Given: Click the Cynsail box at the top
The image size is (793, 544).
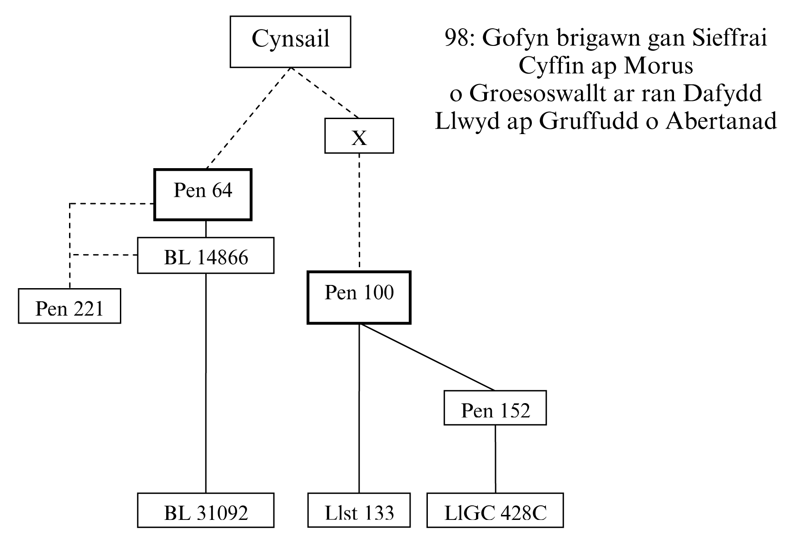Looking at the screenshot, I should [x=290, y=41].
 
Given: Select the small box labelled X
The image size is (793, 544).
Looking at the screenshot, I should [x=359, y=136].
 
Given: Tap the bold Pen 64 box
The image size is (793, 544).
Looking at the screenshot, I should [x=203, y=195].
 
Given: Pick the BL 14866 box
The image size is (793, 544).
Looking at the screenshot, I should [x=206, y=255].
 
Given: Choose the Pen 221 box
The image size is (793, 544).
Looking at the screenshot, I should [x=69, y=306].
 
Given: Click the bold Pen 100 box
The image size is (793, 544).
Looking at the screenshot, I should [x=359, y=298].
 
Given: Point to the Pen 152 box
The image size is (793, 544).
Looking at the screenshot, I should [x=495, y=408].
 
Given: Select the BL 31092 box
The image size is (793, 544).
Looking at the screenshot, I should [x=206, y=510].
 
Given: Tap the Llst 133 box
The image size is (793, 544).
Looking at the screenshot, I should [x=359, y=510].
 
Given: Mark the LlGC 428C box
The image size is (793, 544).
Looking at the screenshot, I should [x=495, y=510].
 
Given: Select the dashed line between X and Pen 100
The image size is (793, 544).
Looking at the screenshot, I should [x=359, y=211].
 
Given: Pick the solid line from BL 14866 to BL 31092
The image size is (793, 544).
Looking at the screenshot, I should [x=206, y=382].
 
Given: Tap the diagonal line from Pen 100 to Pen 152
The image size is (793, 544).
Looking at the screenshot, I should [x=427, y=357].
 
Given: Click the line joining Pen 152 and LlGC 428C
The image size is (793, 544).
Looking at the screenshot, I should [x=495, y=459].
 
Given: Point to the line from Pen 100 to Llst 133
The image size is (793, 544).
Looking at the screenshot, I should [x=359, y=409].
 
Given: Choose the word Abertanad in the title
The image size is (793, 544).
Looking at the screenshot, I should [x=721, y=121].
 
